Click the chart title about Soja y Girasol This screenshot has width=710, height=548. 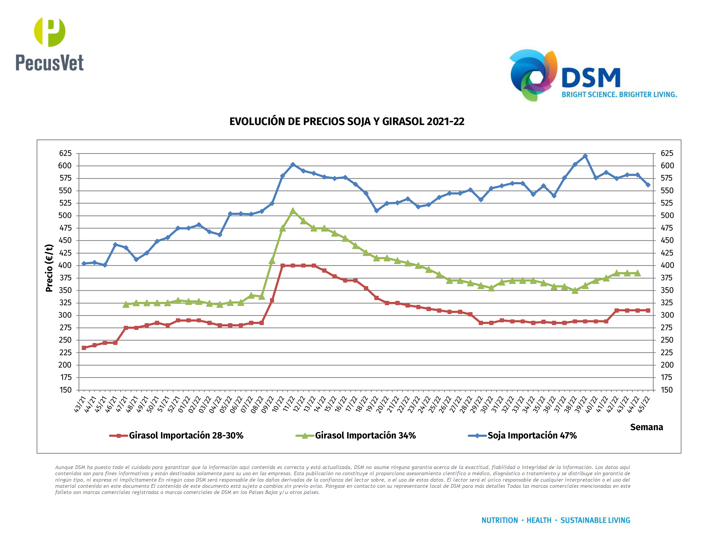[x=347, y=121]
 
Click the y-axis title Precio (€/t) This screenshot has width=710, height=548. [x=49, y=268]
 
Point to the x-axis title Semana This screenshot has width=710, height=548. [x=646, y=427]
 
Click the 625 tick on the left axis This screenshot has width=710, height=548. [x=65, y=153]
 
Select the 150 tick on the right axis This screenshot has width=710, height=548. [x=666, y=390]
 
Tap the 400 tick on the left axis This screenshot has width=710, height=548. [x=65, y=265]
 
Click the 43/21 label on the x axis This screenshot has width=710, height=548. [x=80, y=405]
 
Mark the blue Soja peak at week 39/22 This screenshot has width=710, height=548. [x=585, y=156]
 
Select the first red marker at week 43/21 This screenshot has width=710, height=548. [x=84, y=348]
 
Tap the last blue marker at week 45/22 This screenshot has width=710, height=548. [x=648, y=185]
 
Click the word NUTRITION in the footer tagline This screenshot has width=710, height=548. [x=499, y=520]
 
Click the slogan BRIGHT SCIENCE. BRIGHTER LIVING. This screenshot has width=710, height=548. [x=619, y=95]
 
